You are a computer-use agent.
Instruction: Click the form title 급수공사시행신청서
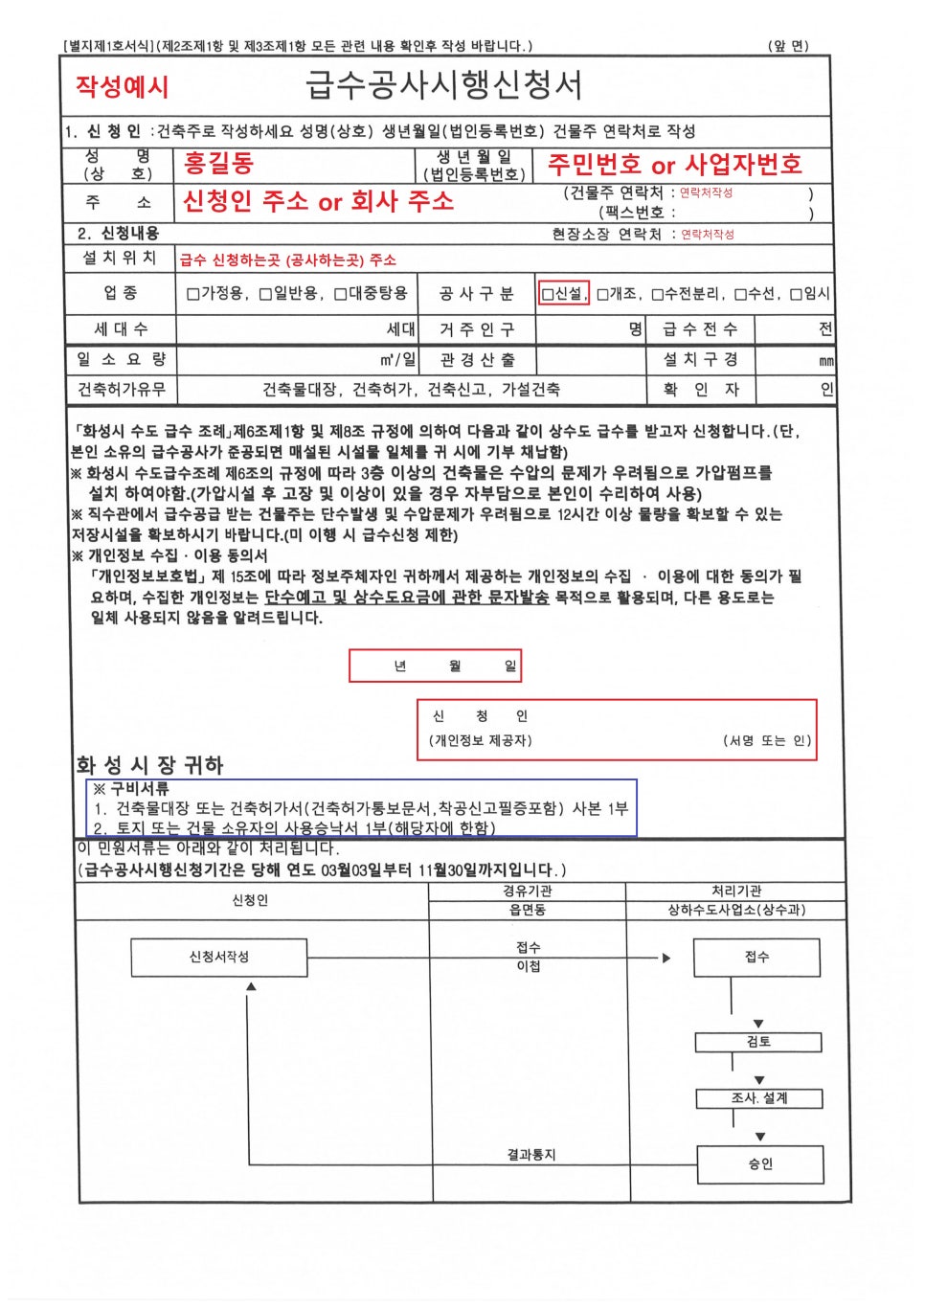coord(443,86)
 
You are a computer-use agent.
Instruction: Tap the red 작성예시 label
coord(122,87)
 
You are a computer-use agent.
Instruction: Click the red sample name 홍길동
coord(218,164)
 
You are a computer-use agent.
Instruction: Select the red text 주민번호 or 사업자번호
coord(674,165)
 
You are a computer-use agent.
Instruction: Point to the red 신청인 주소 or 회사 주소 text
coord(318,202)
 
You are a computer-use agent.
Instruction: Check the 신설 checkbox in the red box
coord(548,294)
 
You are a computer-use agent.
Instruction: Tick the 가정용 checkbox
coord(193,294)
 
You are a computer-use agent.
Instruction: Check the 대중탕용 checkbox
coord(340,294)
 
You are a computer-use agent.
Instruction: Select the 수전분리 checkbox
coord(658,294)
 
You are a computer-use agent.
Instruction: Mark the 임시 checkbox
coord(796,294)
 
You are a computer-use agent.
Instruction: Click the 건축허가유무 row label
coord(121,390)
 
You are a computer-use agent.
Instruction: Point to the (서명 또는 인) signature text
coord(766,740)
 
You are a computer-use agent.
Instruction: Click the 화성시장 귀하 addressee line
coord(149,765)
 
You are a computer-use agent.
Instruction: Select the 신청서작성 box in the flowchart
coord(218,957)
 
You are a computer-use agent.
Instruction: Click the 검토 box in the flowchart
coord(758,1042)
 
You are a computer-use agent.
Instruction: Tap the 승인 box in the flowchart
coord(760,1164)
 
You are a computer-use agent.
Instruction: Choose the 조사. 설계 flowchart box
coord(758,1098)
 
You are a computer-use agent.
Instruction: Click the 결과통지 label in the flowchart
coord(530,1155)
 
